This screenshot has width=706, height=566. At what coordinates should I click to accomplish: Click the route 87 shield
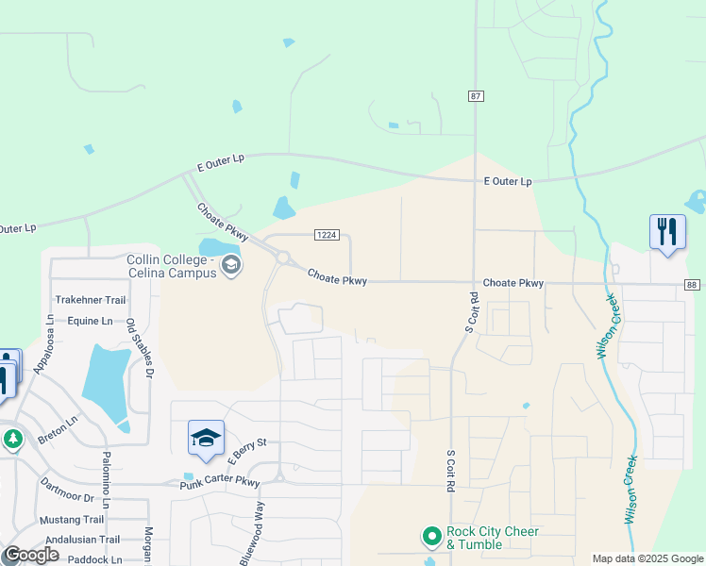[x=476, y=96]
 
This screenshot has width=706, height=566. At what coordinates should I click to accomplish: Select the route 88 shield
[x=693, y=285]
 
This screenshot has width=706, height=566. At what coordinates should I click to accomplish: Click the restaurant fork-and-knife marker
[x=667, y=231]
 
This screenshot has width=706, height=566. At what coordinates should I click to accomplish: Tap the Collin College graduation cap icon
[x=231, y=265]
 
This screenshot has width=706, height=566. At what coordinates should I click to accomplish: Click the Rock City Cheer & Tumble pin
[x=432, y=538]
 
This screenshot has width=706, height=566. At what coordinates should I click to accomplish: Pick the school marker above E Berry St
[x=206, y=438]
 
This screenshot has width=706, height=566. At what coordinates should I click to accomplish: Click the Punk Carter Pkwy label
[x=219, y=483]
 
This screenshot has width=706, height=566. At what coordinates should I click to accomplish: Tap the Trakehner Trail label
[x=90, y=300]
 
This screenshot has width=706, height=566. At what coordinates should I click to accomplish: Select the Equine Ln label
[x=90, y=321]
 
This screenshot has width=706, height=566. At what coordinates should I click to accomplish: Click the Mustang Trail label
[x=72, y=520]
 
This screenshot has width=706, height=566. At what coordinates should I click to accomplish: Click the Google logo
[x=31, y=555]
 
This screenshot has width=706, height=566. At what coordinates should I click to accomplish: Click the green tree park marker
[x=12, y=440]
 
